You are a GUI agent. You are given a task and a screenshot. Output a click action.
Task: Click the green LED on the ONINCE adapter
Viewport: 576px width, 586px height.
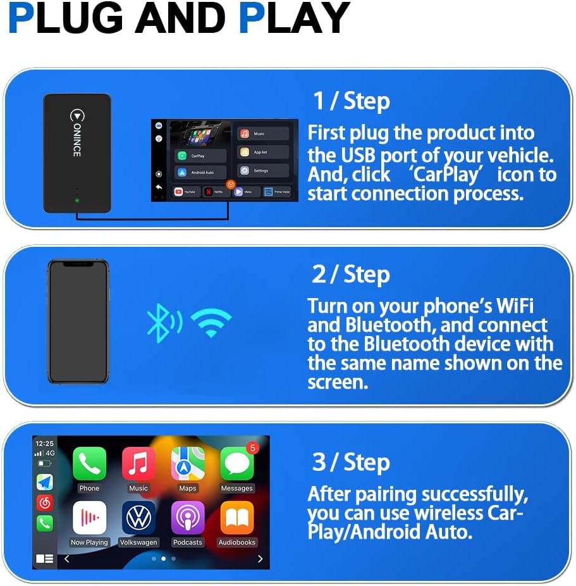point(77,201)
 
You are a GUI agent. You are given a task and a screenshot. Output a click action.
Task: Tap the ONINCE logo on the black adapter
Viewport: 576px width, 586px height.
point(77,133)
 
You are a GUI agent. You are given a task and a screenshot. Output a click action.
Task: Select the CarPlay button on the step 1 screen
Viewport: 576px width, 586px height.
point(200,155)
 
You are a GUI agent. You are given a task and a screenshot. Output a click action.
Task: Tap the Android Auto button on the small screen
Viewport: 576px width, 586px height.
point(200,172)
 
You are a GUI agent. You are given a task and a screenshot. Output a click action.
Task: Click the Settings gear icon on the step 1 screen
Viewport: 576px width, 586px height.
point(245,170)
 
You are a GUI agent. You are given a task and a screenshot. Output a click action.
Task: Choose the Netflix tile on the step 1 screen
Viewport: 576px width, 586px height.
point(217,191)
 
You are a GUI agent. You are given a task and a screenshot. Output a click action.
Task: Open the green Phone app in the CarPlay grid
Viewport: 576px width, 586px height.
point(89,464)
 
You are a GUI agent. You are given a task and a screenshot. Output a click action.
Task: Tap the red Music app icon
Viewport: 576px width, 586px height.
point(138,464)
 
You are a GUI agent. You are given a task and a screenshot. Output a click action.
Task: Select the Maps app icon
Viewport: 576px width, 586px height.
point(188,464)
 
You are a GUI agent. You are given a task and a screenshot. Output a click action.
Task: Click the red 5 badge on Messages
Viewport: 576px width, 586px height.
point(253,448)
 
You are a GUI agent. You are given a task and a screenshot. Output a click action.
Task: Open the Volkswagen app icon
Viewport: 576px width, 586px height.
point(138,518)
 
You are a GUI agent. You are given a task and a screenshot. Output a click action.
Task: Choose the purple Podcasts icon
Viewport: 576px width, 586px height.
point(188,518)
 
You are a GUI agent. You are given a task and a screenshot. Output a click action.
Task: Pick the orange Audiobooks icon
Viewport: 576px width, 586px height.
point(237,518)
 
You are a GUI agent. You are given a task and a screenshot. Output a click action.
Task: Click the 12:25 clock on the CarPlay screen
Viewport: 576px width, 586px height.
point(45,444)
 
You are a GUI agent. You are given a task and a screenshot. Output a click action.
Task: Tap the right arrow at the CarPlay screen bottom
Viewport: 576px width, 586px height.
point(260,559)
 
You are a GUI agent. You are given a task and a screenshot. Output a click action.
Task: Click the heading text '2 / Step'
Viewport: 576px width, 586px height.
point(351,275)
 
